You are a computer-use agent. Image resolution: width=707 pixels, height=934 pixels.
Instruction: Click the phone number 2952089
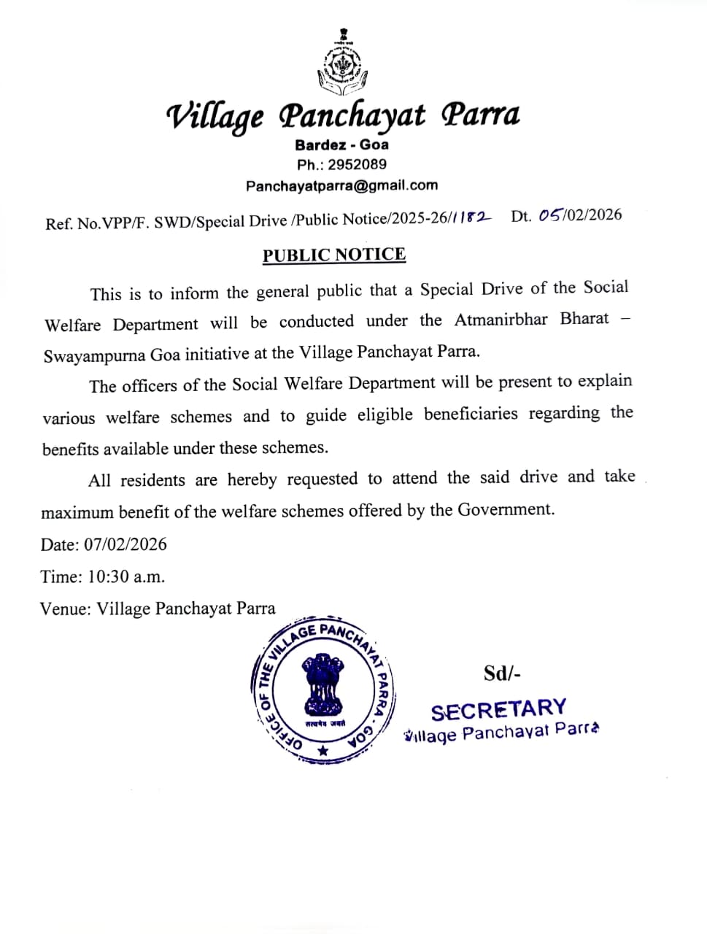click(x=357, y=165)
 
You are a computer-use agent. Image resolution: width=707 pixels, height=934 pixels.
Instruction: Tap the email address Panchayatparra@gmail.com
click(x=341, y=186)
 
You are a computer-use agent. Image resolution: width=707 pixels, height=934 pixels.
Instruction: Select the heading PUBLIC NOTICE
click(x=334, y=255)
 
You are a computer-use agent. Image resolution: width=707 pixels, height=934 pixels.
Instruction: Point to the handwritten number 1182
click(x=473, y=217)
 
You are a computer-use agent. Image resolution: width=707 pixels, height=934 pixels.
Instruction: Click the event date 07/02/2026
click(x=125, y=544)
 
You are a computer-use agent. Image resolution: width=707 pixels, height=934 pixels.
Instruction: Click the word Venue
click(x=64, y=609)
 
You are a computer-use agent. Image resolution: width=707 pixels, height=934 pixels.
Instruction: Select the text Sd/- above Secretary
click(x=502, y=673)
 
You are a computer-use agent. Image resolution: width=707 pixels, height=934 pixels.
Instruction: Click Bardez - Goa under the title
click(x=341, y=144)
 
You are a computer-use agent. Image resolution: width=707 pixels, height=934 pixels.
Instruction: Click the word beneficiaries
click(x=472, y=414)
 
